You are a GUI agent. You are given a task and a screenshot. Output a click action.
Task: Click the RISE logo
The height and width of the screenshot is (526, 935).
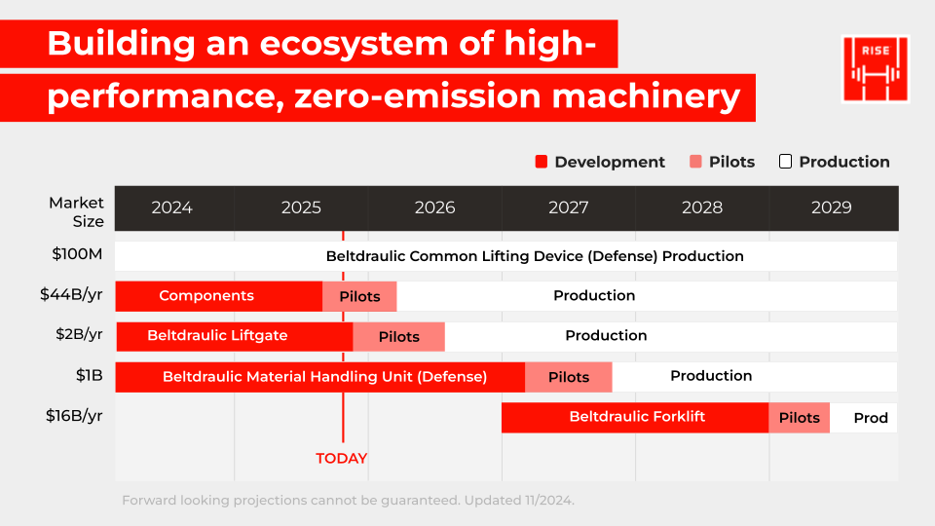click(x=875, y=68)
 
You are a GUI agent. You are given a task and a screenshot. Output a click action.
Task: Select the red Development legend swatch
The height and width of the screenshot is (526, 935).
click(x=542, y=162)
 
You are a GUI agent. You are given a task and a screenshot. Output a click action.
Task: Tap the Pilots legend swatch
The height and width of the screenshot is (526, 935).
click(x=695, y=162)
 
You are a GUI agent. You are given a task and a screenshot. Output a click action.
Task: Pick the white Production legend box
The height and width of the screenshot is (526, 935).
click(x=785, y=162)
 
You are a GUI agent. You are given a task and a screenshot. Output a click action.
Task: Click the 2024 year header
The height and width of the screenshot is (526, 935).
click(x=172, y=207)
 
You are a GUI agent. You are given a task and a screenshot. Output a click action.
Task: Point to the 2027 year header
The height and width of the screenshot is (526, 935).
click(x=569, y=207)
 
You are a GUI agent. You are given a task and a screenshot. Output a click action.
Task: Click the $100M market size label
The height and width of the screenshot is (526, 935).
click(x=78, y=255)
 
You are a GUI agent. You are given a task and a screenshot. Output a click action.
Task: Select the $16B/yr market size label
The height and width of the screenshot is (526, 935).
click(x=74, y=415)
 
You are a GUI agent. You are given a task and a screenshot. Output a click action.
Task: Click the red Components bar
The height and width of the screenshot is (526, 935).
click(x=206, y=296)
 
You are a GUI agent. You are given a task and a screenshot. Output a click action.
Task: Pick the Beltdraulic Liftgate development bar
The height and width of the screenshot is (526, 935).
click(x=218, y=336)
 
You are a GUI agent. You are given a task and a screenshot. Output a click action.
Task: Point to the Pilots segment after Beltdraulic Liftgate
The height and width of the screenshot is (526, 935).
click(x=398, y=336)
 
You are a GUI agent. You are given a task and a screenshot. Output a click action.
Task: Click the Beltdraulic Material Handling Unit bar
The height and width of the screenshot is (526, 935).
click(x=324, y=376)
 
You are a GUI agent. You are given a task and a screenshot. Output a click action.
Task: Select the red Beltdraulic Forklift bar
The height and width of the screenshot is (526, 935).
click(x=637, y=417)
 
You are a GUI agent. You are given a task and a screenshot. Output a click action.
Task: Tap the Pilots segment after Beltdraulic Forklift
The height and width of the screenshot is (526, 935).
click(x=800, y=417)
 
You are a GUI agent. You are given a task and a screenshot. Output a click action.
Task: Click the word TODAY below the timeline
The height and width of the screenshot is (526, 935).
click(x=342, y=458)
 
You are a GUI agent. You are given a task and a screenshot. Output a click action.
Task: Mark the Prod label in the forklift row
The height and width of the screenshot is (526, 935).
click(x=871, y=418)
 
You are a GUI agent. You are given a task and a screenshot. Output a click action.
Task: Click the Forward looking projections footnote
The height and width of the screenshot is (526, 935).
click(x=348, y=500)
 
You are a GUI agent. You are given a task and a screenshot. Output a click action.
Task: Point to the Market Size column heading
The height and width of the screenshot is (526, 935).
click(x=76, y=211)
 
